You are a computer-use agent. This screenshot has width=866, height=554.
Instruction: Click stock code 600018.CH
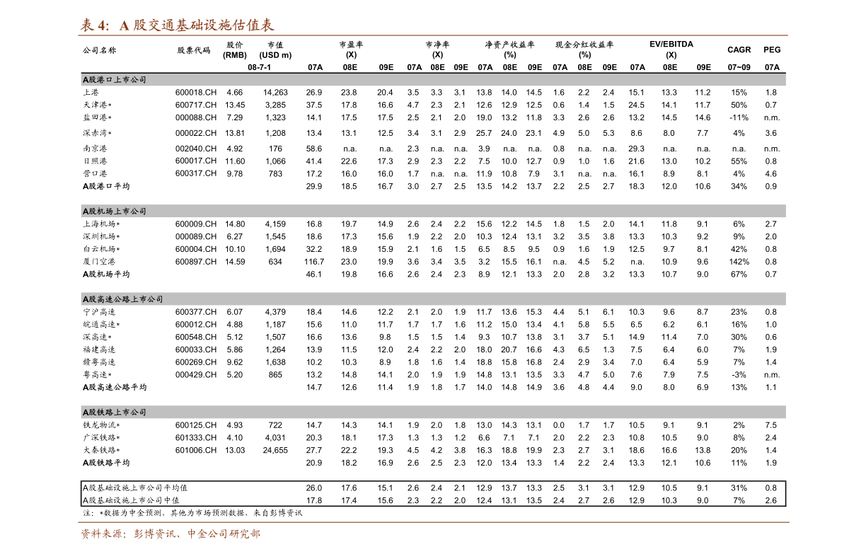point(195,93)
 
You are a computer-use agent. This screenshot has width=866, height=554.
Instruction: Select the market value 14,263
point(275,93)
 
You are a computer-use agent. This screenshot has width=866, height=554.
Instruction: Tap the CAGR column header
point(739,50)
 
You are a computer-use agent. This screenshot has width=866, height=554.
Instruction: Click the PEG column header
point(772,50)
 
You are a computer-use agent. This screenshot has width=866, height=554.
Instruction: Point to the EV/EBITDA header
point(671,44)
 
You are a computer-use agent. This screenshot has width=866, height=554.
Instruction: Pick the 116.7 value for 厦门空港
point(314,262)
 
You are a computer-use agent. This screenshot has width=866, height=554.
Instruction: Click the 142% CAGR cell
point(739,262)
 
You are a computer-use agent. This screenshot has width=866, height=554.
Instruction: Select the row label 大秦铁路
point(101,450)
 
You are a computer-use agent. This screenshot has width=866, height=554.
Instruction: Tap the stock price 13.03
point(235,450)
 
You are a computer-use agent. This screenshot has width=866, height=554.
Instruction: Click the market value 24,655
point(275,450)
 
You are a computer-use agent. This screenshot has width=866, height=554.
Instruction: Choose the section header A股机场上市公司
point(114,211)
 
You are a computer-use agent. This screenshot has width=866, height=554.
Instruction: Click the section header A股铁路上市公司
point(114,412)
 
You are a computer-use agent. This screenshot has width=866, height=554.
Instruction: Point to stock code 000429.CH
point(195,374)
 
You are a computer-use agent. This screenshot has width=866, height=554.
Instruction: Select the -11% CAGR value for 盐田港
point(739,117)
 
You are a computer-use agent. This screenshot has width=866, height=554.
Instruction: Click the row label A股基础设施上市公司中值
point(131,500)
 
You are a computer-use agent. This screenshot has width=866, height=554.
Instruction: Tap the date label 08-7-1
point(259,67)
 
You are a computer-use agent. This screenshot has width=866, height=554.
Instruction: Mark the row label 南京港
point(95,149)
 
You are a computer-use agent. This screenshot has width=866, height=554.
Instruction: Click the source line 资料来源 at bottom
point(170,534)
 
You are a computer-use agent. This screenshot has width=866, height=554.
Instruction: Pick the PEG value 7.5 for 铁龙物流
point(770,425)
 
